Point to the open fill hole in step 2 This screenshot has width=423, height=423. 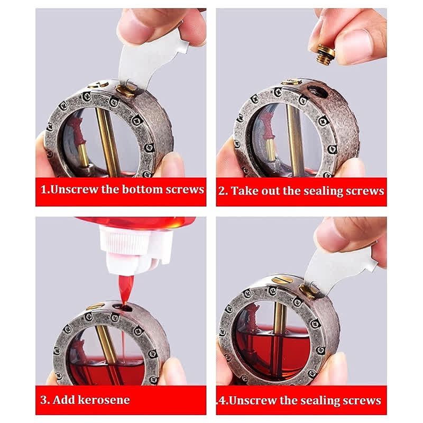[x=319, y=90]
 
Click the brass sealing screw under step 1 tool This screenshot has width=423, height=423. [x=126, y=90]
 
